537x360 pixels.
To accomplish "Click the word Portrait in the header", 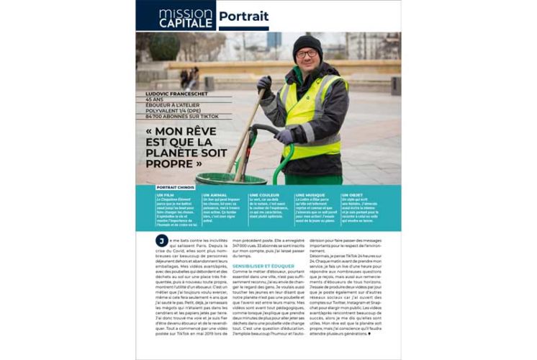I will click(243, 17).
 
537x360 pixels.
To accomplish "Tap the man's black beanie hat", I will click(307, 43).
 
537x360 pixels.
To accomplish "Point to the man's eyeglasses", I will click(307, 53).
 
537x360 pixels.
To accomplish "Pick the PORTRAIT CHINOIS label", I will click(175, 187).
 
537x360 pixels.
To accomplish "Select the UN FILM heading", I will click(164, 195).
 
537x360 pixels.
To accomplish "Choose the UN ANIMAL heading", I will click(214, 195).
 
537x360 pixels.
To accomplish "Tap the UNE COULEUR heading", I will click(263, 195).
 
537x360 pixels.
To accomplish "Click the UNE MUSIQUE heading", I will click(310, 195).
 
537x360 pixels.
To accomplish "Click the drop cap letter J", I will click(162, 240).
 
